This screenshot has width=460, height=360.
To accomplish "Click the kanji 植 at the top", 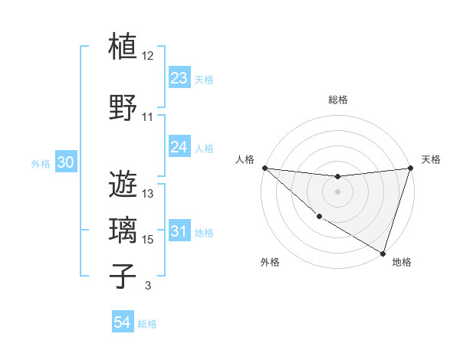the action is [123, 46].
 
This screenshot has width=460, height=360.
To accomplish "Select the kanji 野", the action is [123, 107].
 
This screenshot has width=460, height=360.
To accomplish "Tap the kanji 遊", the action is [123, 185].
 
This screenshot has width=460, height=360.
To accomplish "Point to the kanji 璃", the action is [123, 231].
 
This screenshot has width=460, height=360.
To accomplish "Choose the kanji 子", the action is [123, 277].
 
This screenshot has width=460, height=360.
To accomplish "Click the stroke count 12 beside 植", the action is [148, 56].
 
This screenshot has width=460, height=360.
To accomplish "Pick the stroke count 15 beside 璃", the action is [148, 240].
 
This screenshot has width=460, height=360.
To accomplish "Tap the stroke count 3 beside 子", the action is [147, 286].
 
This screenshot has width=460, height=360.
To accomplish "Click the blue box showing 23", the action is [179, 77].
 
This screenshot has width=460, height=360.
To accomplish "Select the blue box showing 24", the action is [179, 147].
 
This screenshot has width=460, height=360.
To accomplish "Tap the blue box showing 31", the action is [179, 232].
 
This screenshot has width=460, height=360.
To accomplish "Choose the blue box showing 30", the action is [65, 162].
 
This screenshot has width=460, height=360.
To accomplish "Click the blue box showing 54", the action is [123, 322].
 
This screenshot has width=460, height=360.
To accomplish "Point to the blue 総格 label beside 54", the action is [147, 324].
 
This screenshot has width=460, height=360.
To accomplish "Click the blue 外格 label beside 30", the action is [41, 163].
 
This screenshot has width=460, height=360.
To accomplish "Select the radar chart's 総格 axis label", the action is [337, 100].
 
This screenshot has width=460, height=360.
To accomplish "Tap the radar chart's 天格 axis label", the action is [431, 159].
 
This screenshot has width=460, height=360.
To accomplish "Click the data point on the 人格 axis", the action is [264, 168].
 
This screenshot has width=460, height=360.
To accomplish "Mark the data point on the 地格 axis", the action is [383, 254].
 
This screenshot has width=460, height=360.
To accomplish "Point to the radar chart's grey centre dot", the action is [337, 191].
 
